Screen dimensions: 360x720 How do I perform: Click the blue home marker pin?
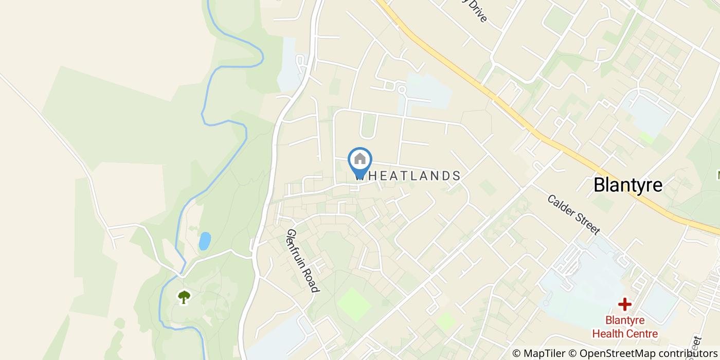pos(360,161)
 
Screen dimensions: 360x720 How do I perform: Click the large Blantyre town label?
pos(628,185)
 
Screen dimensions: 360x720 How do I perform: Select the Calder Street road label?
pos(573,214)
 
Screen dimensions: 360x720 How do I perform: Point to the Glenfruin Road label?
pos(303,261)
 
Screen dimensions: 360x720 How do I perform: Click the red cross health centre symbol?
pos(624,304)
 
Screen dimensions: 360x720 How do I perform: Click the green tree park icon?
pos(184,296)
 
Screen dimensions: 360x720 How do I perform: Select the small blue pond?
pos(205,241)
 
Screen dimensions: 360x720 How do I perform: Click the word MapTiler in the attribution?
pos(544,353)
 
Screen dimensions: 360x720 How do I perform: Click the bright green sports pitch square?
pos(354,304)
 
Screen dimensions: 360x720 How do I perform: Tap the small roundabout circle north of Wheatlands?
pos(402,90)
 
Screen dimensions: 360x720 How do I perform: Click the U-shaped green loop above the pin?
pos(368,127)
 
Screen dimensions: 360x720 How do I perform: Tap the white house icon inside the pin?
pos(360,158)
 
